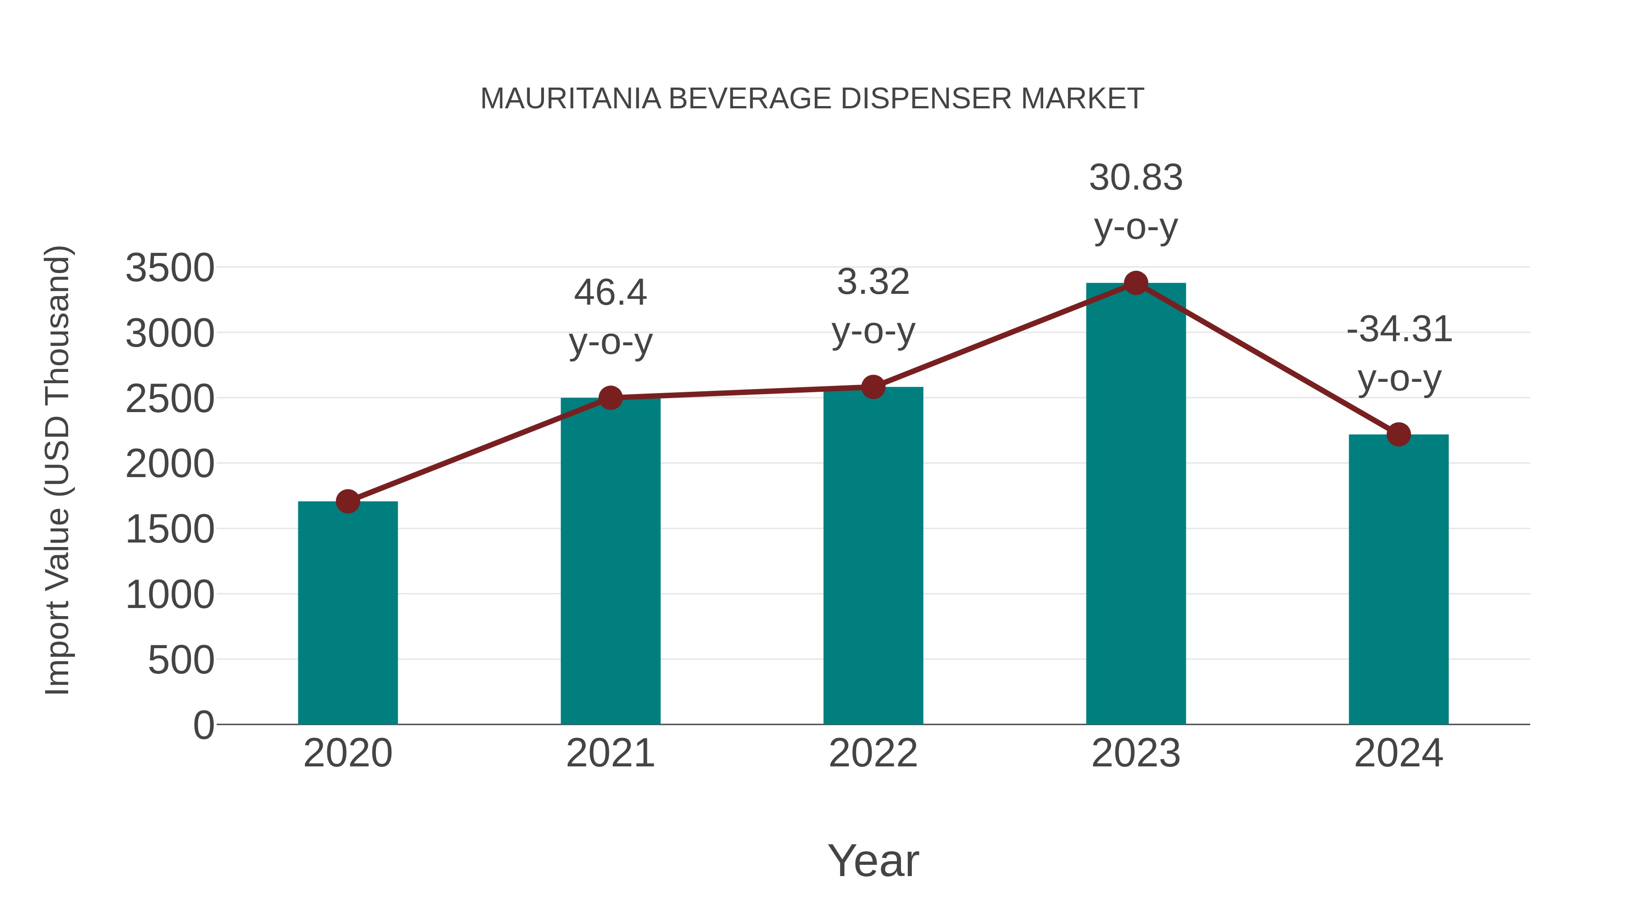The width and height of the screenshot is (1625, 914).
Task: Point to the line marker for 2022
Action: click(873, 387)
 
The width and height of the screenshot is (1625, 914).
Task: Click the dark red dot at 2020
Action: click(348, 502)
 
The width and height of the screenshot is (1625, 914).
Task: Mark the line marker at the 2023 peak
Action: click(1136, 283)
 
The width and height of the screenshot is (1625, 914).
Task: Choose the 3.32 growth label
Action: click(873, 306)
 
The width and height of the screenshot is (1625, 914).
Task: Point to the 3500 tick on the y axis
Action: click(170, 268)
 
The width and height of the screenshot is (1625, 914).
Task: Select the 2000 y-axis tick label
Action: click(170, 464)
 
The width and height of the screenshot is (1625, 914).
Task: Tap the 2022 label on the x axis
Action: click(873, 753)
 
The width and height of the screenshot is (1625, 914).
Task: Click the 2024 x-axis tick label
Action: click(1398, 753)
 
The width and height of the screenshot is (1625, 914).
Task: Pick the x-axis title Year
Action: click(873, 860)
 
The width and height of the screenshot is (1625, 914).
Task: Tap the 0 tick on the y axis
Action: click(203, 725)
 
